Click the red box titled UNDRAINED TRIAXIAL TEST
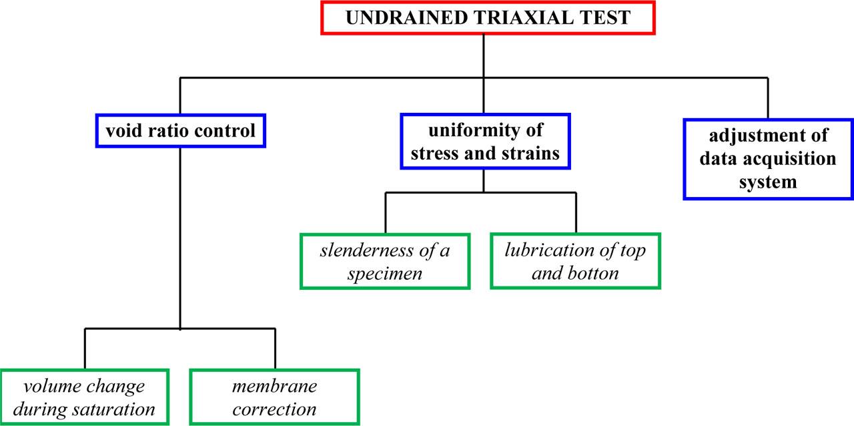(487, 17)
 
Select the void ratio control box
(181, 131)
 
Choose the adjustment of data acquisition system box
(768, 158)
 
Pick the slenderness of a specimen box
(385, 261)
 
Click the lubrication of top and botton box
(575, 261)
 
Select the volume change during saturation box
(85, 397)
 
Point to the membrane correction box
(274, 397)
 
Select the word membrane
(274, 386)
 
